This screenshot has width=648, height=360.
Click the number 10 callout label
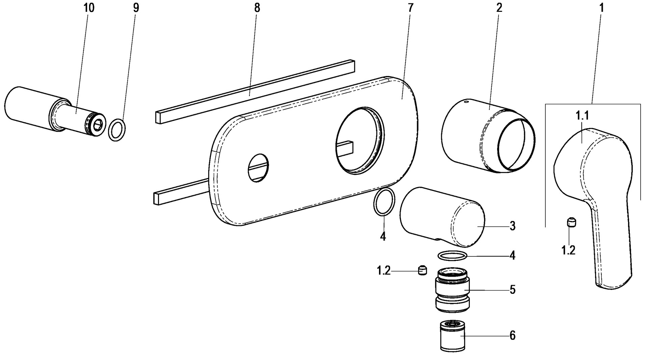[x=89, y=8]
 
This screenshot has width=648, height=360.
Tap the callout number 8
[x=257, y=8]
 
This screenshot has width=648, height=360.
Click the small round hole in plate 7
[x=258, y=168]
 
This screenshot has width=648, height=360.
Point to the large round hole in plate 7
[x=360, y=141]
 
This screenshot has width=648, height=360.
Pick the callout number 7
[x=410, y=8]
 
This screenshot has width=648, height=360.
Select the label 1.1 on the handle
[x=582, y=116]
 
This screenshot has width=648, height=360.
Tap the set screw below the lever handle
[x=571, y=222]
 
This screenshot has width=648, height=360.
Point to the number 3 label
[x=512, y=226]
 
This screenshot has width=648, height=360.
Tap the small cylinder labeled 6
[x=453, y=336]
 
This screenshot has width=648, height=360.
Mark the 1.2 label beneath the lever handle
[x=568, y=250]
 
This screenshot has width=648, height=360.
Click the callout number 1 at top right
[x=601, y=8]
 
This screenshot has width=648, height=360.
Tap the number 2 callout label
[x=499, y=8]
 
